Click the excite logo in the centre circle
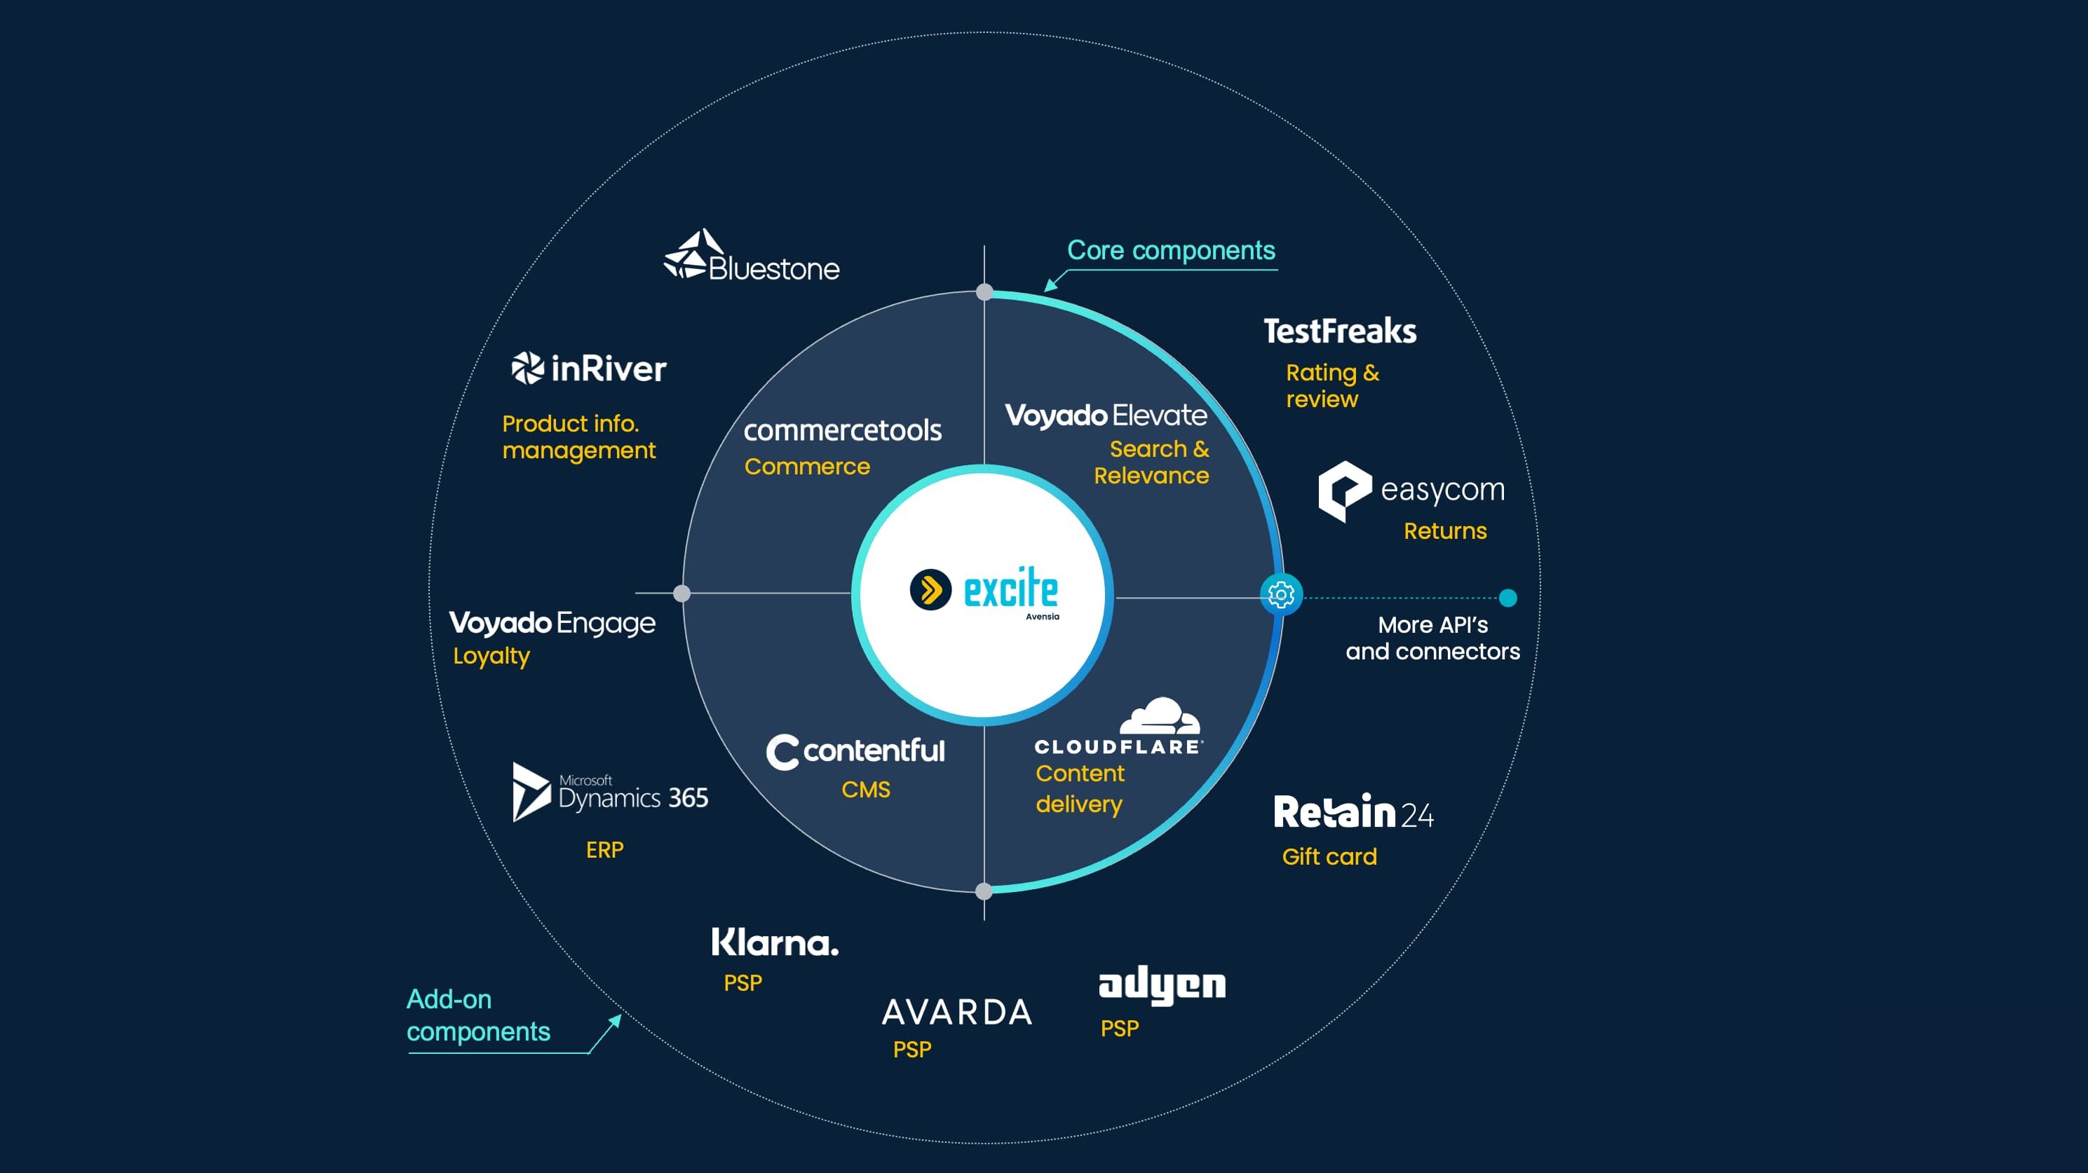click(984, 592)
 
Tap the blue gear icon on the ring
click(1281, 595)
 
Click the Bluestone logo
click(752, 255)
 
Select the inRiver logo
click(589, 369)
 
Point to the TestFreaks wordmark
click(1340, 331)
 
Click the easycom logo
click(1411, 491)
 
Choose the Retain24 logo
click(1354, 811)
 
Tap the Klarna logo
click(775, 942)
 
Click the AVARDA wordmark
click(957, 1013)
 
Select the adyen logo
click(1162, 986)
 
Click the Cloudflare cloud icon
click(1160, 715)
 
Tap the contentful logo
click(855, 752)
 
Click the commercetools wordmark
click(842, 430)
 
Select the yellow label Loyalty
click(492, 656)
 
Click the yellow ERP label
click(604, 850)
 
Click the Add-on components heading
click(478, 1015)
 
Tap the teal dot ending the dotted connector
click(1507, 598)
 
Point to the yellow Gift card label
click(1329, 856)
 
